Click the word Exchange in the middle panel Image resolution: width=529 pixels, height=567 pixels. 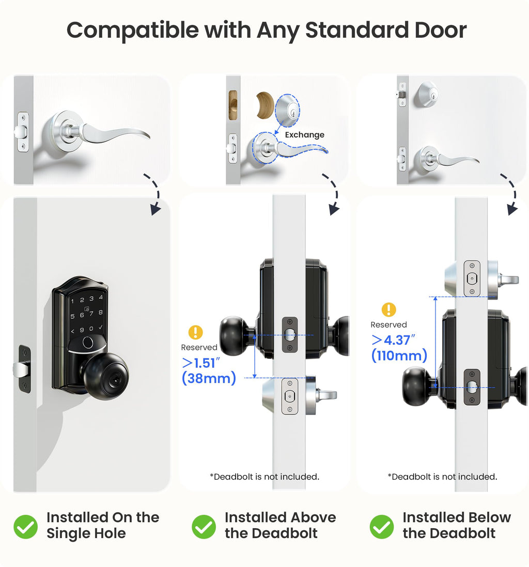pos(305,135)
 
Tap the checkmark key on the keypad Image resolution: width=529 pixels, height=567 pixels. pos(100,329)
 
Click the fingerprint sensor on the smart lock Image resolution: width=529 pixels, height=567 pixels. pos(88,343)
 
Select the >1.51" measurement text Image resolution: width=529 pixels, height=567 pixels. pos(199,363)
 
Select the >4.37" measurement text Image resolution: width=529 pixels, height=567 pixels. pos(393,341)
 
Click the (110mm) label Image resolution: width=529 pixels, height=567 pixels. pos(399,356)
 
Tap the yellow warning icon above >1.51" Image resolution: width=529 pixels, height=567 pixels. pos(195,332)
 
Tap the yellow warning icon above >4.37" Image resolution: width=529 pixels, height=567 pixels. pos(388,310)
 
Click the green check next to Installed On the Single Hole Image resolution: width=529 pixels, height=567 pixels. pos(25,526)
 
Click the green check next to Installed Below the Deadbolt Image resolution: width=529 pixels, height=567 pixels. pos(382,526)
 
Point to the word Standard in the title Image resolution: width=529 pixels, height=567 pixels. pos(345,30)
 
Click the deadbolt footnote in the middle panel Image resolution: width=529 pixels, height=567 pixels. pos(264,477)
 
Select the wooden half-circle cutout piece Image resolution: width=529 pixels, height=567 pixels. pos(265,107)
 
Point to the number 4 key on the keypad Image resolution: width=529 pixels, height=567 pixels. pos(101,297)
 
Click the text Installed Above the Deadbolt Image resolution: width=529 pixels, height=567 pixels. pos(280,525)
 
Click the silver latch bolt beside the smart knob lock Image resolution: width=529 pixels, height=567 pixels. pos(19,369)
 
